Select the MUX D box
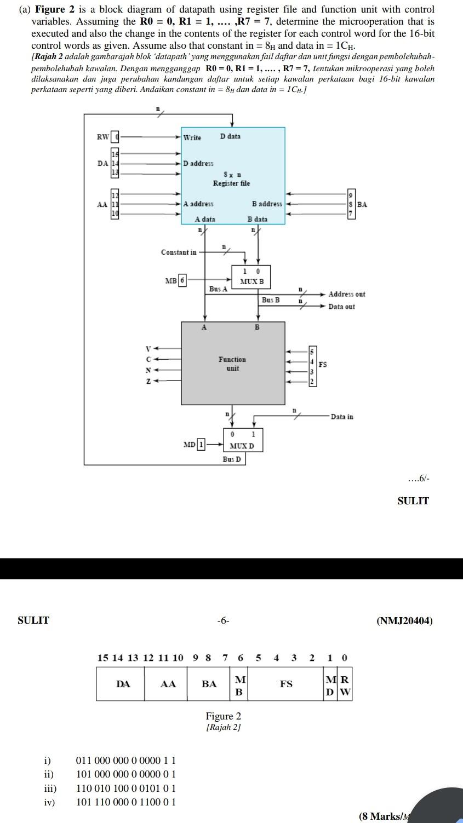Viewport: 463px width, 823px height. [241, 440]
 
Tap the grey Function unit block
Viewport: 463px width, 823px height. [233, 364]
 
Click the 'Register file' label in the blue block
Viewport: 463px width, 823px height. [231, 183]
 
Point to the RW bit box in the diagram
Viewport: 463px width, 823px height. [115, 137]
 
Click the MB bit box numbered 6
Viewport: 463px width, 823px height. [183, 280]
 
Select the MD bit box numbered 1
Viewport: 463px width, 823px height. [201, 445]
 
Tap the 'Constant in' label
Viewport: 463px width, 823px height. [178, 252]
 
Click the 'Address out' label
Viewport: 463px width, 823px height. [346, 295]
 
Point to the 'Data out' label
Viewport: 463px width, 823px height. [341, 307]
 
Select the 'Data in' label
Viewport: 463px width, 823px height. [341, 417]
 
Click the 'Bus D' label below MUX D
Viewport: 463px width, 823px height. [231, 459]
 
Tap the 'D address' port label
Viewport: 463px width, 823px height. [198, 163]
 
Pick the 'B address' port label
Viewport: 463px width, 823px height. [267, 204]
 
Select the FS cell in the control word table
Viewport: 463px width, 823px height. [286, 684]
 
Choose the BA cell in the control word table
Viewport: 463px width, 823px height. [209, 684]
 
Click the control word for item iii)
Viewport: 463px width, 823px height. [125, 789]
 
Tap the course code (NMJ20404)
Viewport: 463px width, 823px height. [404, 621]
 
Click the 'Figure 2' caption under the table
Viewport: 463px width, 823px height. [223, 716]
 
